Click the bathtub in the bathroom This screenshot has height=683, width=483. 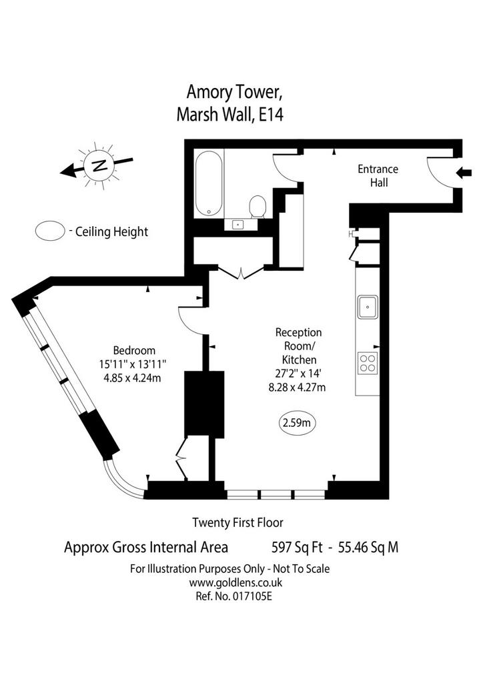pyautogui.click(x=209, y=183)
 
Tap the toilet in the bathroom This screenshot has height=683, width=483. pyautogui.click(x=258, y=207)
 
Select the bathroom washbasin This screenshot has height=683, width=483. pyautogui.click(x=238, y=224)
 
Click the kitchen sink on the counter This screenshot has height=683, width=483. pyautogui.click(x=368, y=307)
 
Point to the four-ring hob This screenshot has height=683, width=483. pyautogui.click(x=368, y=364)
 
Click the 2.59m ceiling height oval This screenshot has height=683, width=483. pyautogui.click(x=297, y=422)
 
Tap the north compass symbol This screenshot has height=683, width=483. pyautogui.click(x=99, y=165)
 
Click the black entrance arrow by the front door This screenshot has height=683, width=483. pyautogui.click(x=464, y=173)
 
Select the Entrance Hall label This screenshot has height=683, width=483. pyautogui.click(x=378, y=175)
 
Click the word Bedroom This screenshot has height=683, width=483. pyautogui.click(x=134, y=350)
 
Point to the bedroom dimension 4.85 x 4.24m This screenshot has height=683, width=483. pyautogui.click(x=132, y=378)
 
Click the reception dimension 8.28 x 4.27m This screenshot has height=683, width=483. pyautogui.click(x=297, y=387)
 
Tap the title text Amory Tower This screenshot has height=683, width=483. pyautogui.click(x=233, y=92)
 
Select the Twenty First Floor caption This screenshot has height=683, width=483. pyautogui.click(x=237, y=522)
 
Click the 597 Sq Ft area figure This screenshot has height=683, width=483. pyautogui.click(x=297, y=547)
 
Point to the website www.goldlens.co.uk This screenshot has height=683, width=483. pyautogui.click(x=235, y=582)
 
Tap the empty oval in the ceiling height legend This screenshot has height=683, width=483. pyautogui.click(x=50, y=231)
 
